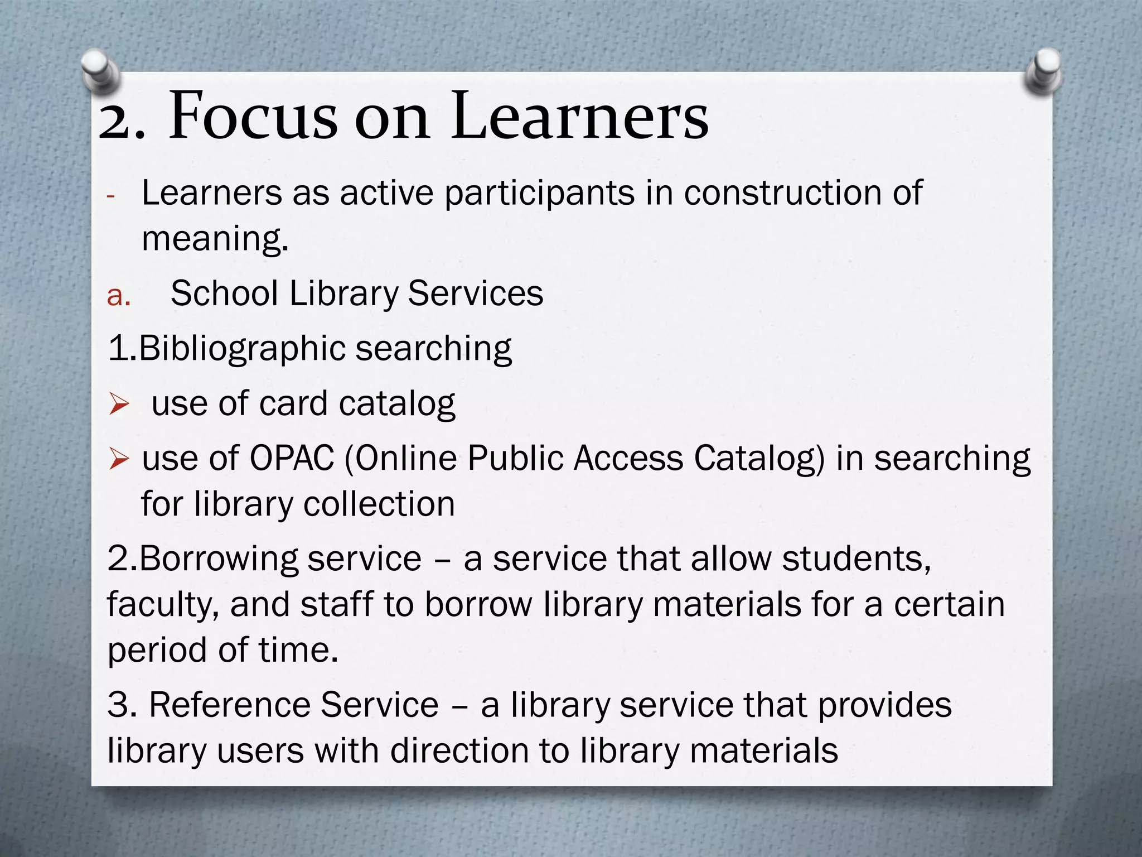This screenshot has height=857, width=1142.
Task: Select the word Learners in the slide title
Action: (580, 117)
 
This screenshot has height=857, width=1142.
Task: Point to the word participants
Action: (539, 193)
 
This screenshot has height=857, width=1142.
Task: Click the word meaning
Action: (215, 239)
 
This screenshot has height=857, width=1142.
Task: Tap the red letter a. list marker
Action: (118, 295)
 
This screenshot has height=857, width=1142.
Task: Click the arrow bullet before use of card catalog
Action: (119, 404)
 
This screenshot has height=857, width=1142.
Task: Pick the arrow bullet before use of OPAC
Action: (119, 460)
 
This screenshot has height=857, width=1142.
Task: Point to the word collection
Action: (379, 504)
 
